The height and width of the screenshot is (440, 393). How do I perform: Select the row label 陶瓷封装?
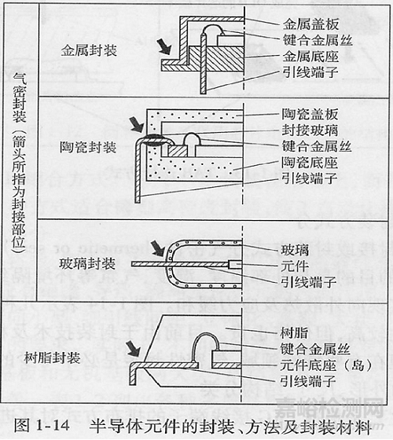(x=88, y=147)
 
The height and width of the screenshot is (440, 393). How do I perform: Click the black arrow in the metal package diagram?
(x=163, y=46)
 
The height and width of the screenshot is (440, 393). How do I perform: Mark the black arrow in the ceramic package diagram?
(x=138, y=123)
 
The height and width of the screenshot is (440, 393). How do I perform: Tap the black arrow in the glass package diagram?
(x=160, y=249)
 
